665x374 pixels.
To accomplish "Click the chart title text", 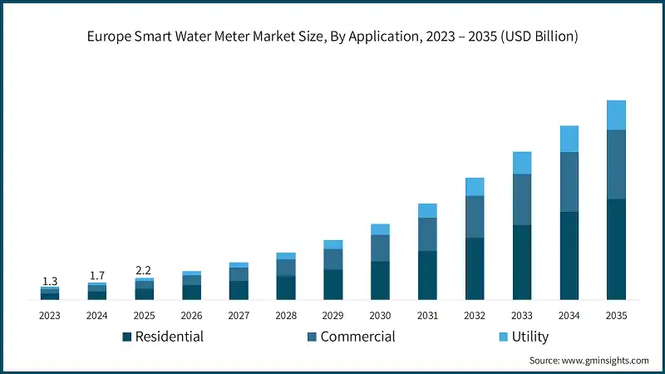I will (332, 37).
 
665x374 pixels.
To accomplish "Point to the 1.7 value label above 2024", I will (96, 275).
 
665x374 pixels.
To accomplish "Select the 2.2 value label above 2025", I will (144, 270).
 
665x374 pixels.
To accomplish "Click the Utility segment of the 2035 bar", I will (616, 115).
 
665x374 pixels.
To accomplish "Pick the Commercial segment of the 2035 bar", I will (616, 164).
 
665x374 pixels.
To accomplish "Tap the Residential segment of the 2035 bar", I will (616, 249).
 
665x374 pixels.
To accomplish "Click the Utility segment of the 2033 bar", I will (521, 163).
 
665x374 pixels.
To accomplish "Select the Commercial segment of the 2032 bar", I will (475, 217).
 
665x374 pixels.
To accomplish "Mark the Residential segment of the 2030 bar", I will (380, 280).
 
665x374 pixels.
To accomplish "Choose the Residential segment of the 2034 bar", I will (569, 255).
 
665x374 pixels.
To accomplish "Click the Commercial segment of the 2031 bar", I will (427, 234).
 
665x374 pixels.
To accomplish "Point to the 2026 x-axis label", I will (191, 316).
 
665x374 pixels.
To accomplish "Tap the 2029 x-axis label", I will (332, 316).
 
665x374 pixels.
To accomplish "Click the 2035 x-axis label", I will (616, 316).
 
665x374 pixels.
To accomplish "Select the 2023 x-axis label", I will (49, 316).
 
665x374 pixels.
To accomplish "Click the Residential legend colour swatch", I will (126, 337).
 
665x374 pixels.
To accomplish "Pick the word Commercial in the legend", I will (357, 337).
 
